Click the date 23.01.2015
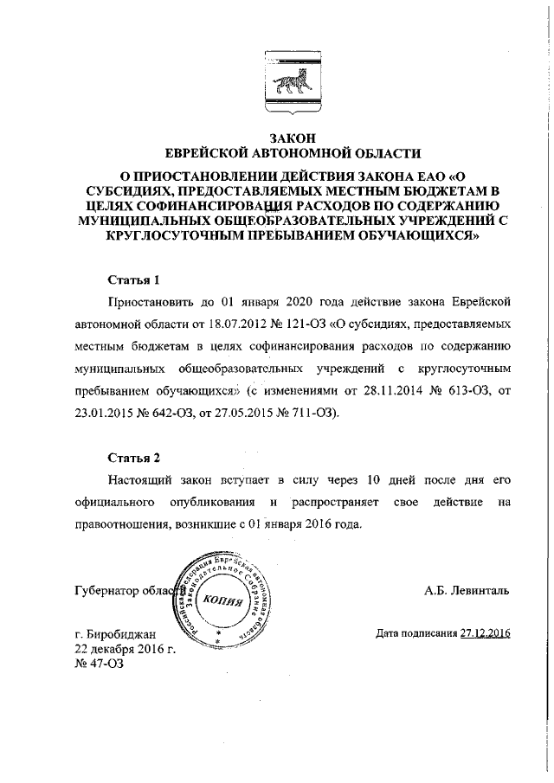tap(105, 413)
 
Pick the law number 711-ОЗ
tap(312, 413)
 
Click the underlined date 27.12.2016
tap(485, 633)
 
